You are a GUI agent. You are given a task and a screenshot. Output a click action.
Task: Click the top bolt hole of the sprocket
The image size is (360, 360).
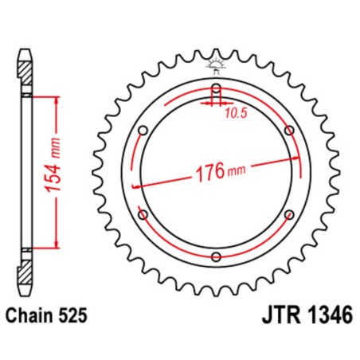[x=216, y=88]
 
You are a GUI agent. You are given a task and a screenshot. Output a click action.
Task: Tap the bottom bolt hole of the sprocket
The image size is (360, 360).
[x=216, y=256]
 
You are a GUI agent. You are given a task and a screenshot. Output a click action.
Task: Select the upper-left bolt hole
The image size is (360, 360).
[x=143, y=131]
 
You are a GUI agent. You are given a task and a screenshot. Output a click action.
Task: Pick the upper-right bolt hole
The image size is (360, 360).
[x=288, y=131]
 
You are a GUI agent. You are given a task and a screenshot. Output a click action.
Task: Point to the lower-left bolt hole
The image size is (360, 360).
[x=143, y=214]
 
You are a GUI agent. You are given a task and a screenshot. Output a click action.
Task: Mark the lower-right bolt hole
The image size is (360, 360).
[x=288, y=214]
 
